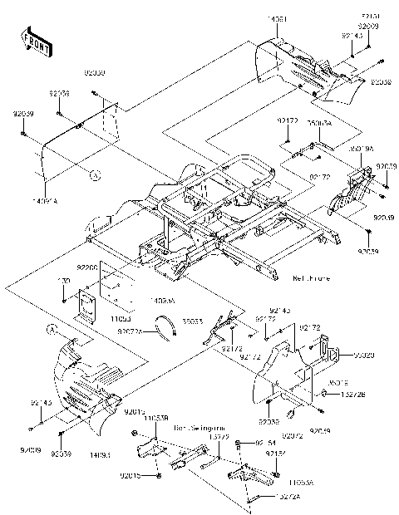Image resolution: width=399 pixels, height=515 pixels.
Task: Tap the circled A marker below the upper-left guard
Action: [x=95, y=175]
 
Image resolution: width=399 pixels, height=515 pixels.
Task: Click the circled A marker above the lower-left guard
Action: [x=51, y=330]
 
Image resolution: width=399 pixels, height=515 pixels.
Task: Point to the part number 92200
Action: [x=86, y=268]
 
